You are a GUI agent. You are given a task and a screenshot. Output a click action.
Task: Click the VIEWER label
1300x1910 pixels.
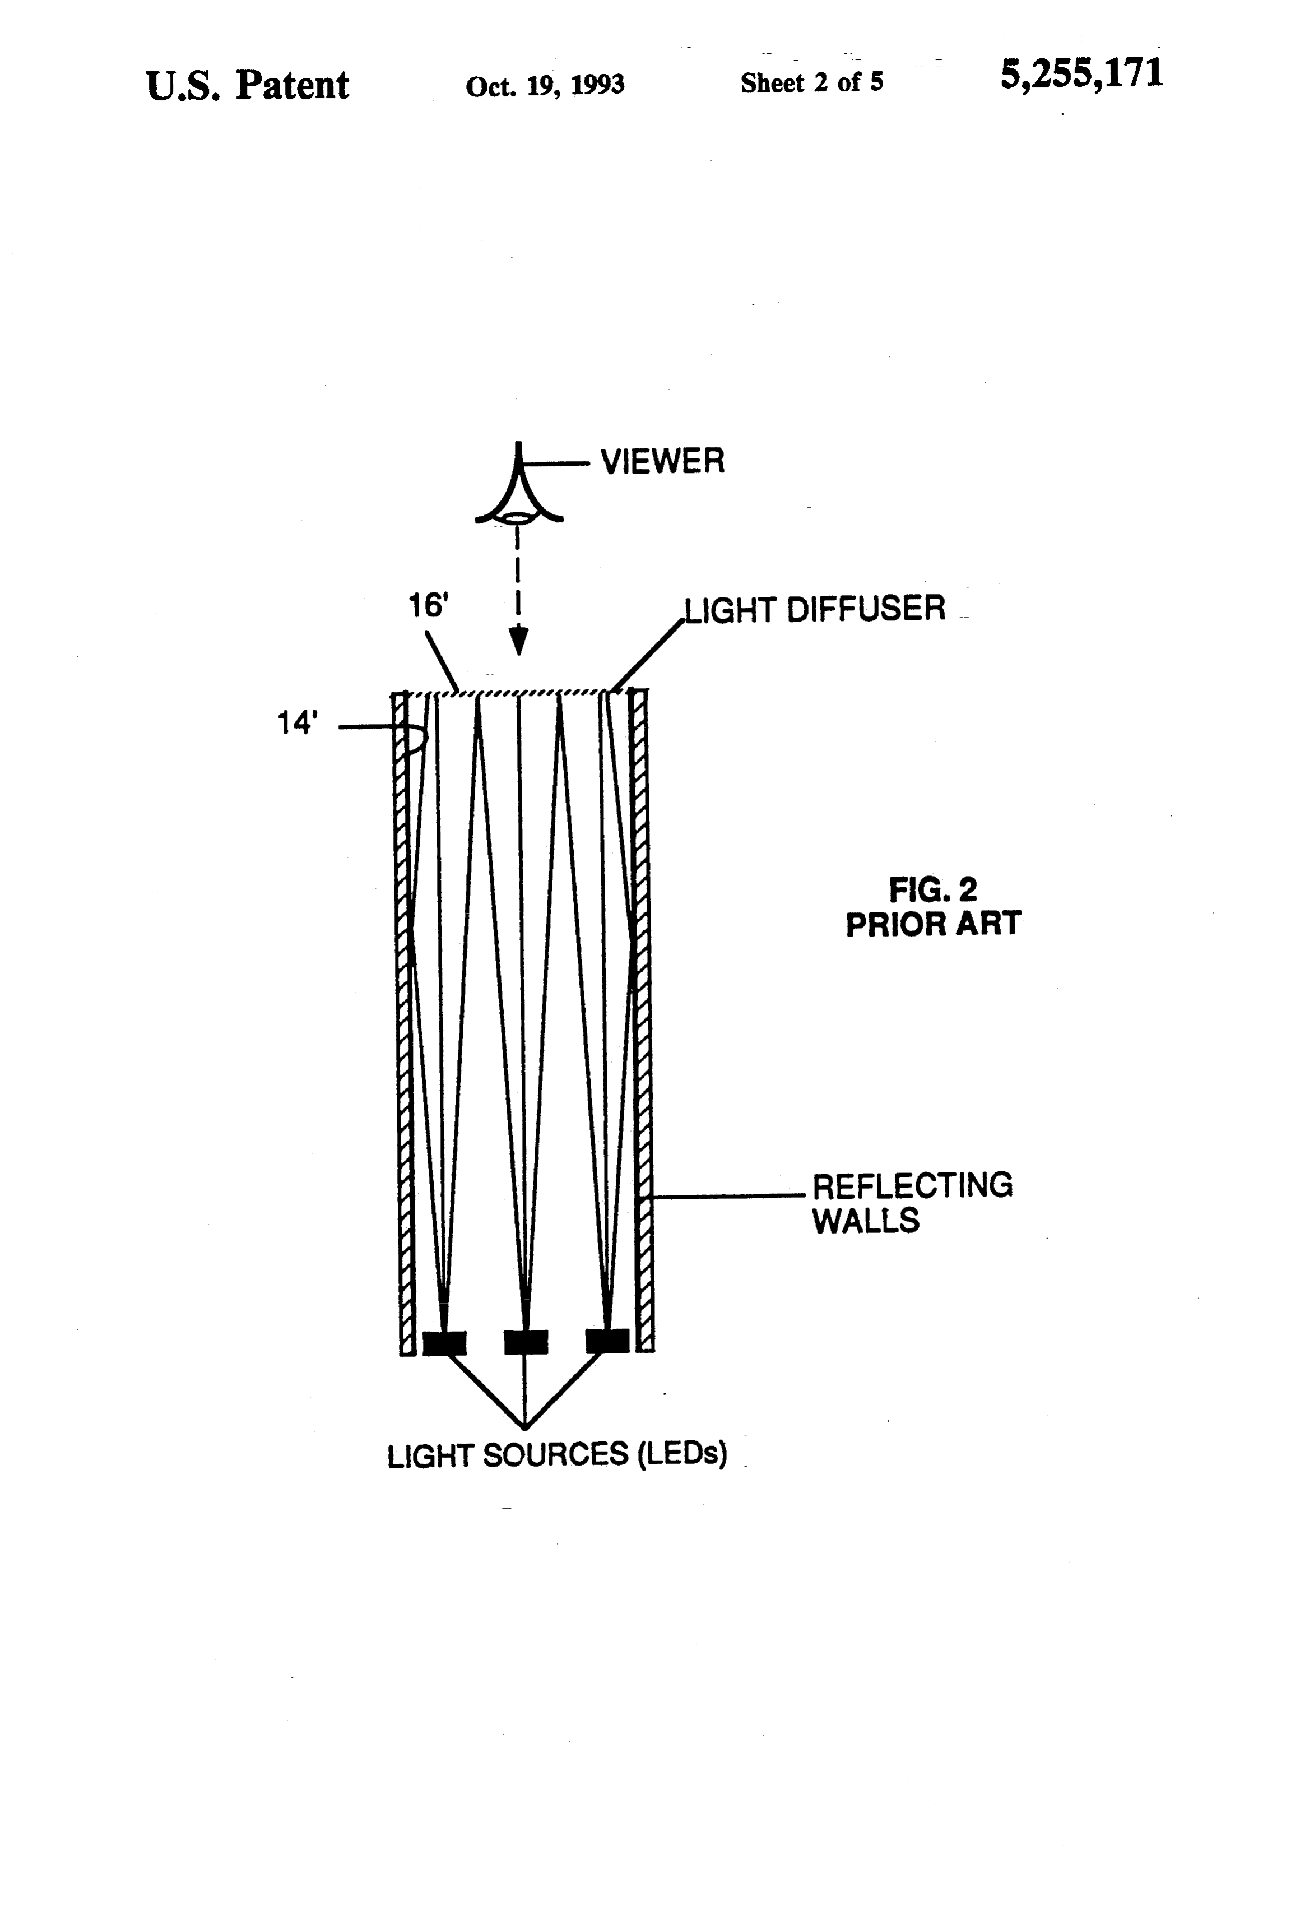(662, 461)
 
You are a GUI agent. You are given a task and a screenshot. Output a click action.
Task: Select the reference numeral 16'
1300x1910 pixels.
(428, 606)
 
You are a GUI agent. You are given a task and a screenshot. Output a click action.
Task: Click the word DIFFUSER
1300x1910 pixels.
(866, 609)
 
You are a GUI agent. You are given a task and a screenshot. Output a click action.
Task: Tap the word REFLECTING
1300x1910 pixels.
(912, 1185)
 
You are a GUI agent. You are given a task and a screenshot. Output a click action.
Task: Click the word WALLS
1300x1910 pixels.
(865, 1221)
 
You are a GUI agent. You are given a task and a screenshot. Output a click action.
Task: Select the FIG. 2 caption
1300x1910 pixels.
(932, 889)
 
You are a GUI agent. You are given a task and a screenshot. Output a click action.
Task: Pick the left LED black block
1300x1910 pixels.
(444, 1342)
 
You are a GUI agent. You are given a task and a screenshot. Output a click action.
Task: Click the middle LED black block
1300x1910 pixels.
(526, 1342)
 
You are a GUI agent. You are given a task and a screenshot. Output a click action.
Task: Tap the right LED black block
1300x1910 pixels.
(607, 1341)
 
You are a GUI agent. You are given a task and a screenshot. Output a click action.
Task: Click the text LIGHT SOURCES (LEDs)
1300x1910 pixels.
(557, 1455)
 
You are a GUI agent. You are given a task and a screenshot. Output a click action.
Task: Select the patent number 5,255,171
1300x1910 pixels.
(1081, 74)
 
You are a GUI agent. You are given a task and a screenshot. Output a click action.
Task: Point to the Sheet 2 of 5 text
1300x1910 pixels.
(812, 82)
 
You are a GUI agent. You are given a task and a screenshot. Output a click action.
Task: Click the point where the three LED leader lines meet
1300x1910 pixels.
(525, 1429)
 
